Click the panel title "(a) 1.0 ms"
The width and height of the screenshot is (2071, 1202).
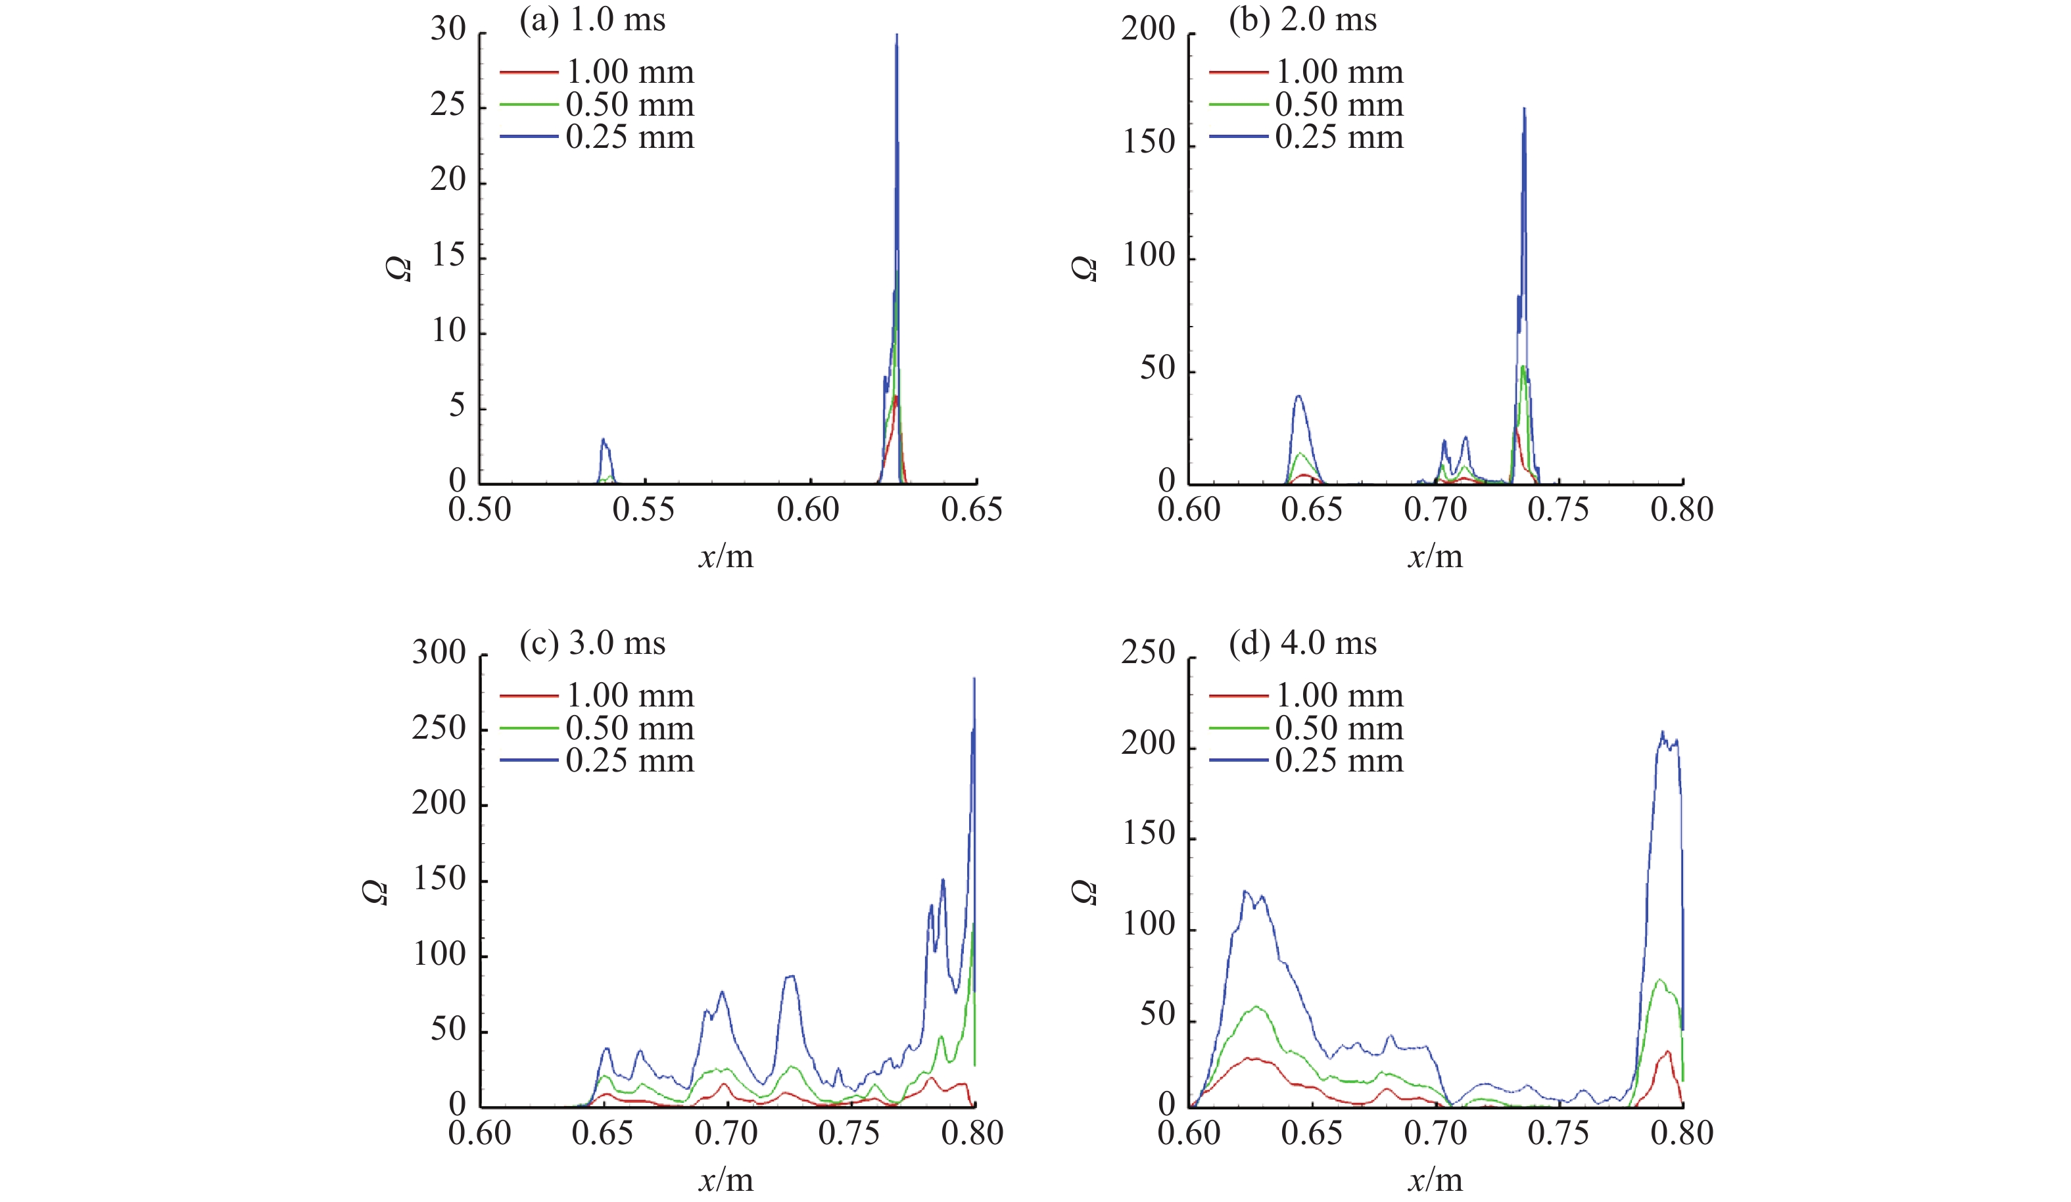pos(592,20)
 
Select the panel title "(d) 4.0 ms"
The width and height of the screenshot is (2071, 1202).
pos(1302,643)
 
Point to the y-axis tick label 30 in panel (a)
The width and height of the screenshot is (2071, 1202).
pos(448,30)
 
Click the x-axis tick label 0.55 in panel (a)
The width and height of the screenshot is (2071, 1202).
pos(644,510)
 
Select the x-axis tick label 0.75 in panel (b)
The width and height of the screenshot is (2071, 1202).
pos(1558,510)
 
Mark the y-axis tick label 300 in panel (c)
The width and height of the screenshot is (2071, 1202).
pos(439,653)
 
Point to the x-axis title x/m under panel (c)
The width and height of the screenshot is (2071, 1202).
pos(726,1180)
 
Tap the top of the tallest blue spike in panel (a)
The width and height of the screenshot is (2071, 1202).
pos(897,37)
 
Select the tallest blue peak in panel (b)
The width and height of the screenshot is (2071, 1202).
pos(1525,109)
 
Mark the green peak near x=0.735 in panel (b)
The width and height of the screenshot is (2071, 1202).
pos(1523,367)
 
